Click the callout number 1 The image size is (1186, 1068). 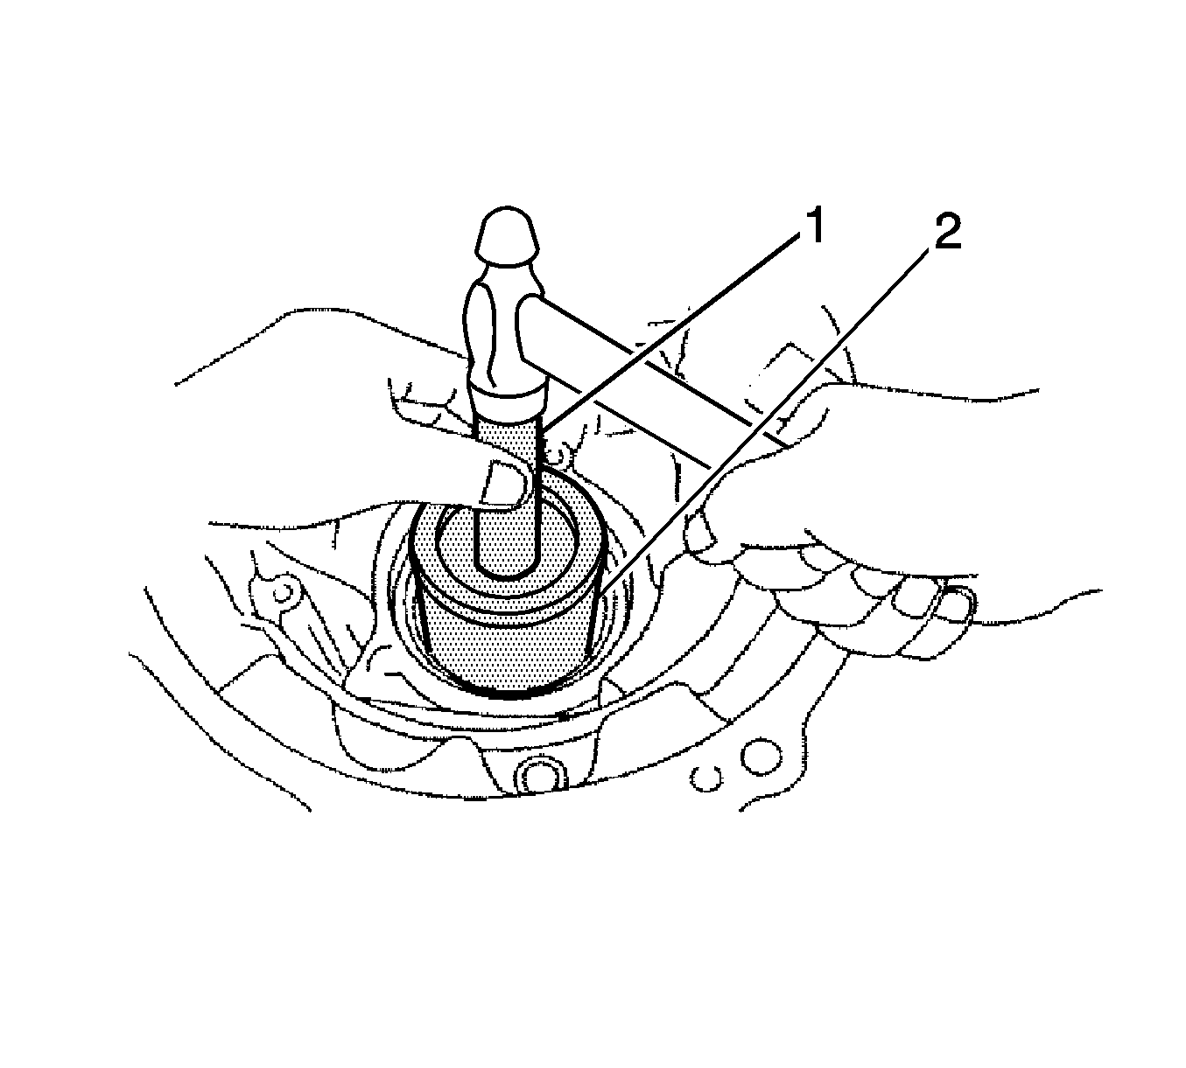[x=814, y=226]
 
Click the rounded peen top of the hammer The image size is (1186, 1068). [x=509, y=234]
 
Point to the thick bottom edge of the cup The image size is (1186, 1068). [x=509, y=693]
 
